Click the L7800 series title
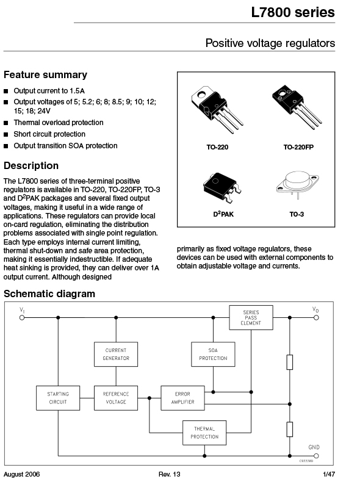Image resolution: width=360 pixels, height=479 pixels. tap(293, 12)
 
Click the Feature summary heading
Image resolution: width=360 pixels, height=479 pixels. tap(46, 75)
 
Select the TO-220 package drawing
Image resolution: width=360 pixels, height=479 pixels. tap(217, 109)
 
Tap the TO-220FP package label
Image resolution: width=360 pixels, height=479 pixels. tap(298, 147)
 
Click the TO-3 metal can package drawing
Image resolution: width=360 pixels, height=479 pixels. tap(297, 184)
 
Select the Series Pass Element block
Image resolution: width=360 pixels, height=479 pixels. tap(251, 318)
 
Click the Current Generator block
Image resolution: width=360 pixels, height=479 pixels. tap(116, 355)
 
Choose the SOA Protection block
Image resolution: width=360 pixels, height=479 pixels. tap(213, 355)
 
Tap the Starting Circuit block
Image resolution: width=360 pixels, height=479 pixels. tap(58, 398)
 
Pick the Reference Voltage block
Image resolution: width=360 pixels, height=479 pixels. tap(116, 398)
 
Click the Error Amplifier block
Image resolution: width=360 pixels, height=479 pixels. tap(183, 398)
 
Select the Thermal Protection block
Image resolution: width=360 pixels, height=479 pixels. tap(204, 433)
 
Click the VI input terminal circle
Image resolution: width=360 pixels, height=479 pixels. tap(22, 318)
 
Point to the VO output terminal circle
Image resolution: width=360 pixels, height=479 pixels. tap(316, 318)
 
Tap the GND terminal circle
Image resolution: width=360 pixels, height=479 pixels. tap(316, 456)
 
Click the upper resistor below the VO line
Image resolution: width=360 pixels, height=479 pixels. tap(290, 362)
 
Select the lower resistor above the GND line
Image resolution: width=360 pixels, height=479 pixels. tap(290, 429)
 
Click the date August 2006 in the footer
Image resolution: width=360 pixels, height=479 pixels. tap(22, 474)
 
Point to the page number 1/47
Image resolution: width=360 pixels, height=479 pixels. tap(329, 474)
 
